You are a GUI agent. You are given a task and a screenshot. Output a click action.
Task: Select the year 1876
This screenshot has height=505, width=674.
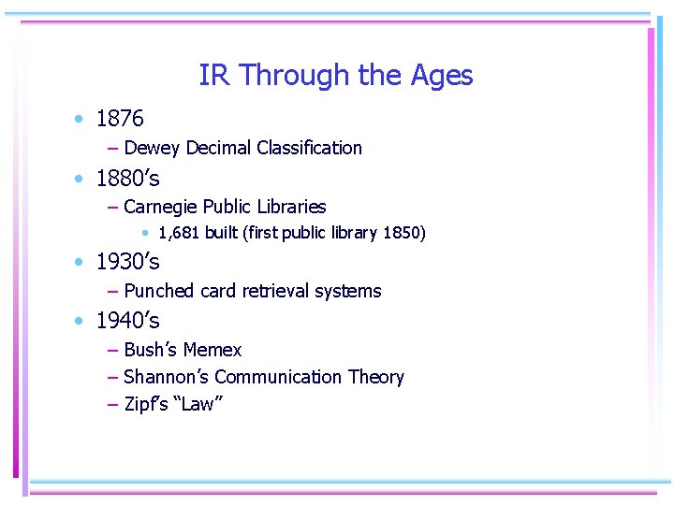tap(120, 119)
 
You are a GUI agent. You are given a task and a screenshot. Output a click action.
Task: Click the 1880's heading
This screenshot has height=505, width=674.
tap(128, 178)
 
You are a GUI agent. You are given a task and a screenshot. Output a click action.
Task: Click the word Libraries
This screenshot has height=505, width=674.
tap(291, 207)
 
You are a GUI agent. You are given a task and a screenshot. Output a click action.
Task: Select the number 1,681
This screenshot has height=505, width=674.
tap(179, 233)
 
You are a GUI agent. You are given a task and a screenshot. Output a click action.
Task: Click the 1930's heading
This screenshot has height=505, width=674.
tap(128, 262)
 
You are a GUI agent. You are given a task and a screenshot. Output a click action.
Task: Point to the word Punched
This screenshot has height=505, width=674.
tap(158, 291)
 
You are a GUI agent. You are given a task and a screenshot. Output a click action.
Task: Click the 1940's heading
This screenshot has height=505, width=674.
tap(128, 321)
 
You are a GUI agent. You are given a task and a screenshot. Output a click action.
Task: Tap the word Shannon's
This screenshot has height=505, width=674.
tap(166, 377)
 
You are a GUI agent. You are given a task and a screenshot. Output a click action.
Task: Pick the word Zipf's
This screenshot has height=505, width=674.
tap(143, 404)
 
